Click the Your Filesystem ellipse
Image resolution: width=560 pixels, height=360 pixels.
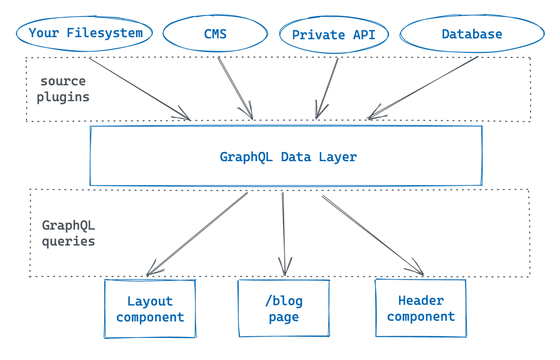pyautogui.click(x=84, y=34)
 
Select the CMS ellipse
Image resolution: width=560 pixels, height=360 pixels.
pyautogui.click(x=215, y=34)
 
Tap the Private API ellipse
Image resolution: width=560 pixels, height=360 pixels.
pyautogui.click(x=334, y=35)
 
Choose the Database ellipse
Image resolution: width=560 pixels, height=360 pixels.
pyautogui.click(x=472, y=34)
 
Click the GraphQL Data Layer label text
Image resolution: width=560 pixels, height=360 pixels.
pyautogui.click(x=288, y=157)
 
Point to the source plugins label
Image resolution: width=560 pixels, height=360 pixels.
pyautogui.click(x=63, y=89)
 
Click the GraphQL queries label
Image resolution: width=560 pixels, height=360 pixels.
pyautogui.click(x=68, y=233)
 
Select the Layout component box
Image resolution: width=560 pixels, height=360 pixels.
pyautogui.click(x=150, y=309)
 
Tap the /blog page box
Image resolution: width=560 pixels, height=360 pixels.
pyautogui.click(x=284, y=309)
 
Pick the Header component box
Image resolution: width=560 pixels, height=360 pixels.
pyautogui.click(x=421, y=308)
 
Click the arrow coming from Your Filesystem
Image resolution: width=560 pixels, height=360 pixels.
pyautogui.click(x=140, y=89)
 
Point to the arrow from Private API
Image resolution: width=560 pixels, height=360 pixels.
pyautogui.click(x=327, y=88)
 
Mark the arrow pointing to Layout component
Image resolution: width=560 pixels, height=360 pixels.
pyautogui.click(x=197, y=234)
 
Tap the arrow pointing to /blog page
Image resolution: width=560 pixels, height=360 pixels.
pyautogui.click(x=284, y=234)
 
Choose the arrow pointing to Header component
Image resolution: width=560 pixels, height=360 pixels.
pyautogui.click(x=373, y=235)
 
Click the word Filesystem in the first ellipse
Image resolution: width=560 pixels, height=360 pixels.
pyautogui.click(x=104, y=33)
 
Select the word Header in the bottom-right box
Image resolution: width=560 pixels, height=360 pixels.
pyautogui.click(x=421, y=301)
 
